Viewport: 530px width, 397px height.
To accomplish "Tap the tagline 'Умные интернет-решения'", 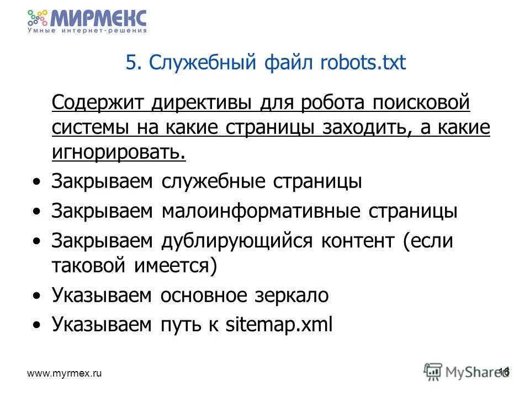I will [x=87, y=31].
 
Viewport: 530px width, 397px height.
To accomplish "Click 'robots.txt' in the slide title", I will [x=363, y=63].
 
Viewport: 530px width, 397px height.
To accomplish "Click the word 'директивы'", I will [x=195, y=103].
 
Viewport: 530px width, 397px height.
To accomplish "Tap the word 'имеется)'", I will [x=175, y=267].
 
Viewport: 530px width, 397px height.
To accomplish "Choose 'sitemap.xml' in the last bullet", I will [x=279, y=325].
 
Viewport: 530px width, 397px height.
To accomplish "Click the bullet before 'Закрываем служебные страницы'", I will [x=36, y=182].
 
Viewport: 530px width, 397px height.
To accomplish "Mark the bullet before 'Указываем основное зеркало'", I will [x=36, y=296].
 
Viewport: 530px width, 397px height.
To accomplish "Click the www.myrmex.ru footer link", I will [x=65, y=373].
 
